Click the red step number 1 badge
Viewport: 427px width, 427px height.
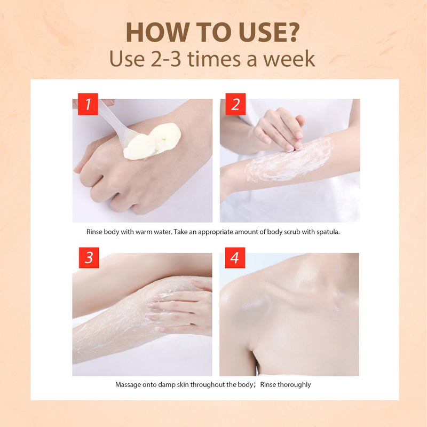[x=88, y=104]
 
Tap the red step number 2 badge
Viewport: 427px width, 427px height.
[x=235, y=104]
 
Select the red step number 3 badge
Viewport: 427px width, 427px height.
[x=89, y=258]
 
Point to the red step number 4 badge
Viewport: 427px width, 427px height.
[x=235, y=258]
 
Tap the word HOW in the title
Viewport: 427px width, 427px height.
[x=157, y=32]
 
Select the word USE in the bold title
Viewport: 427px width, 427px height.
[x=262, y=32]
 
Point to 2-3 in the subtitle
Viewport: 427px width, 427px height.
[x=166, y=59]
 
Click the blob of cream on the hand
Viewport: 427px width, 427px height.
[x=153, y=141]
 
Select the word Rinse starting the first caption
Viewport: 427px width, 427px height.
[x=94, y=232]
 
